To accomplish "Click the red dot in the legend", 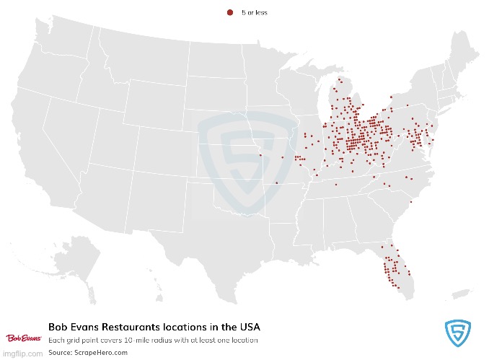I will (x=230, y=12).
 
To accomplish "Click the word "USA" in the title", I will (x=247, y=326).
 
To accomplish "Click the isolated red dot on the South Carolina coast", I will (x=410, y=203).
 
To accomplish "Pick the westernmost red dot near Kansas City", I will (x=260, y=154).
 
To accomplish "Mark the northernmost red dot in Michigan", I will (x=339, y=79).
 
